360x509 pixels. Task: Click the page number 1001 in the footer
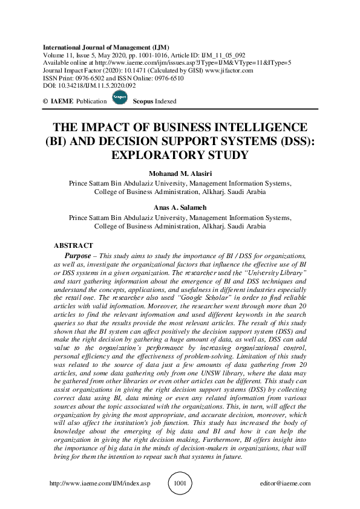(x=180, y=484)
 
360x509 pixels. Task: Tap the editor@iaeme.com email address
(x=284, y=484)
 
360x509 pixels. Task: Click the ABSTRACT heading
(x=74, y=246)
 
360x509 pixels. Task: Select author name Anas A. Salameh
(x=180, y=206)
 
